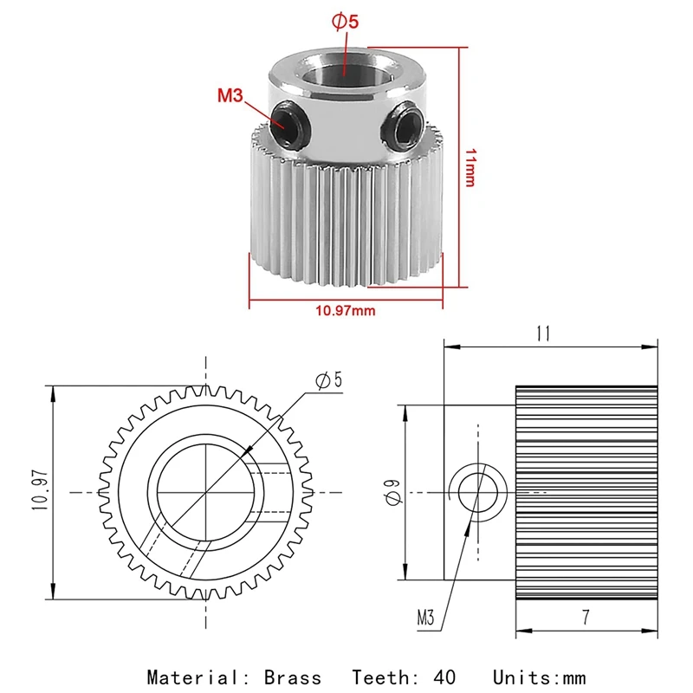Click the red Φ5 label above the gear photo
coord(345,22)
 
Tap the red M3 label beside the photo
coord(230,95)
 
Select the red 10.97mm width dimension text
coord(345,311)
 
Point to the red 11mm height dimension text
coord(470,168)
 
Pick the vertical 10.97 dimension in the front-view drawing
coord(40,490)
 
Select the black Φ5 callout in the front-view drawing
coord(329,380)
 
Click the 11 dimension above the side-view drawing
coord(543,334)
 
